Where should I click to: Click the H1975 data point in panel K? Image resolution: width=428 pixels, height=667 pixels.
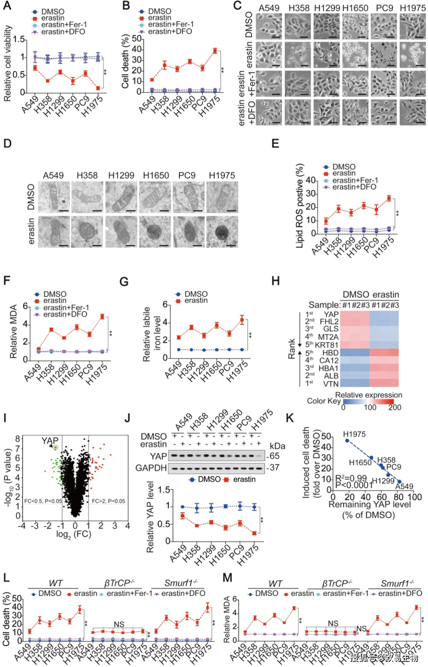click(x=347, y=440)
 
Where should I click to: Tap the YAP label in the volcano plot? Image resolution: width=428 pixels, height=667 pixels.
click(x=50, y=441)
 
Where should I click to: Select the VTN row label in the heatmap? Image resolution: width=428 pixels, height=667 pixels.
click(x=331, y=383)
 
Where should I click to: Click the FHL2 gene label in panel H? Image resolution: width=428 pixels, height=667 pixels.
click(x=329, y=321)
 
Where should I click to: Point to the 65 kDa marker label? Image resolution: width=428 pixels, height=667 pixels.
click(x=275, y=456)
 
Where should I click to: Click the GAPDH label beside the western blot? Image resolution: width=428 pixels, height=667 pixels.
click(x=151, y=468)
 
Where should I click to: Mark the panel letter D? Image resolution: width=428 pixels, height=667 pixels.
click(x=7, y=143)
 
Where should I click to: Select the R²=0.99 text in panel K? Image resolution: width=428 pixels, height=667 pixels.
click(x=351, y=478)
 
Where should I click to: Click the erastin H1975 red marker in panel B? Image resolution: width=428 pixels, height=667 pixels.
click(x=215, y=51)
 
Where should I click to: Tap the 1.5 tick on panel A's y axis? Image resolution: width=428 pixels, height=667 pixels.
click(x=19, y=39)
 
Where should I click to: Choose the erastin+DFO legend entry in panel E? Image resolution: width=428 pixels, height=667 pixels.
click(x=354, y=187)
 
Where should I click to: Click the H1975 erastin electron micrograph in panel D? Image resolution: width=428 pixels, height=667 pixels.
click(x=222, y=232)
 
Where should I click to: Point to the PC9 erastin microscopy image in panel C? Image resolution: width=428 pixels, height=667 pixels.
click(x=384, y=55)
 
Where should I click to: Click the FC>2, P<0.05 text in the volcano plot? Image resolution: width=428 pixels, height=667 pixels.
click(x=108, y=501)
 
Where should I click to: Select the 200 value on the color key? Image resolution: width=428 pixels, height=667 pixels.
click(x=395, y=407)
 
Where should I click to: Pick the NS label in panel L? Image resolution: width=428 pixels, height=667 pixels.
click(x=119, y=624)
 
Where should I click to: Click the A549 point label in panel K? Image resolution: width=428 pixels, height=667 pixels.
click(x=404, y=486)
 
